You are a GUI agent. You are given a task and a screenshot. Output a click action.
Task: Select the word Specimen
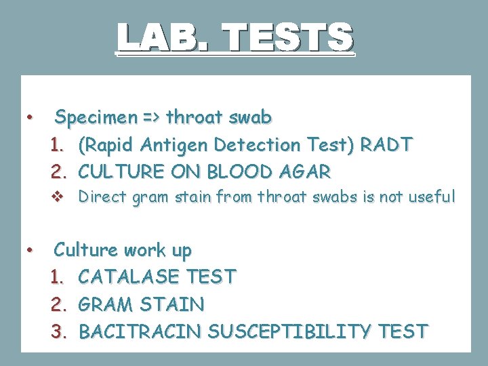point(96,118)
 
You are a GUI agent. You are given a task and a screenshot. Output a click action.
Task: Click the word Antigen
point(176,145)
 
